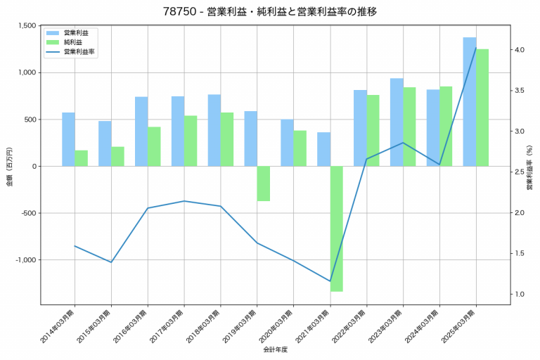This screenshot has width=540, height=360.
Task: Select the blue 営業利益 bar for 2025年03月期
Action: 470,101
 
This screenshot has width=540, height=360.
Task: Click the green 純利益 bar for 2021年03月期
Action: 337,229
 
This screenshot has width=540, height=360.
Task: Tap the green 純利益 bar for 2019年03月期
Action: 264,184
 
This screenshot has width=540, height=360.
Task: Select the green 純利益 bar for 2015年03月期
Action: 117,156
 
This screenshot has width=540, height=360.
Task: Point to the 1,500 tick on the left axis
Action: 27,26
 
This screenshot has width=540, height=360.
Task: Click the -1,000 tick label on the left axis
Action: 25,260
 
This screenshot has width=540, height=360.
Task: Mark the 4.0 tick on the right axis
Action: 520,50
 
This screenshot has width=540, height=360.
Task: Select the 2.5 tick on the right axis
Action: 520,172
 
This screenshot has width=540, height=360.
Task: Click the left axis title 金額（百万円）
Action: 9,166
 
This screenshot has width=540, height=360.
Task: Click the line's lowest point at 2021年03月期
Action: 330,281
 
